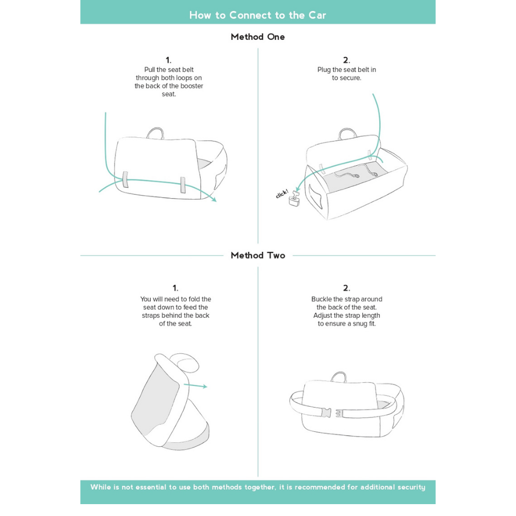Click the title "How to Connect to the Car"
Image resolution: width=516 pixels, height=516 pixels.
pyautogui.click(x=257, y=15)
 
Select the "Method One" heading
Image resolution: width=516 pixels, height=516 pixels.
pyautogui.click(x=257, y=37)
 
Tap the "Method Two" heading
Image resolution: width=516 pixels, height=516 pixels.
pyautogui.click(x=257, y=255)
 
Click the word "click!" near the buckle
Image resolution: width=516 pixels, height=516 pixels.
pyautogui.click(x=282, y=194)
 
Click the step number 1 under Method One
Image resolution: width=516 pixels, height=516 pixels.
pyautogui.click(x=168, y=60)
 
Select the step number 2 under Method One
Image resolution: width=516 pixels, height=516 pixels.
pyautogui.click(x=346, y=60)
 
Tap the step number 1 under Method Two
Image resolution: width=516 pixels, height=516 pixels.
pyautogui.click(x=175, y=288)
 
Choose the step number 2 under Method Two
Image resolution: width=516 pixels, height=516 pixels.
pyautogui.click(x=346, y=288)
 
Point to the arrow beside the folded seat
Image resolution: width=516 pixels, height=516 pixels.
pyautogui.click(x=196, y=385)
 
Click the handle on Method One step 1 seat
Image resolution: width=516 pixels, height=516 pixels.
pyautogui.click(x=155, y=133)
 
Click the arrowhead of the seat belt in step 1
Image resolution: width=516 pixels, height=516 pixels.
pyautogui.click(x=213, y=200)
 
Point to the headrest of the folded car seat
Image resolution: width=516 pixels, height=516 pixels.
pyautogui.click(x=184, y=362)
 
